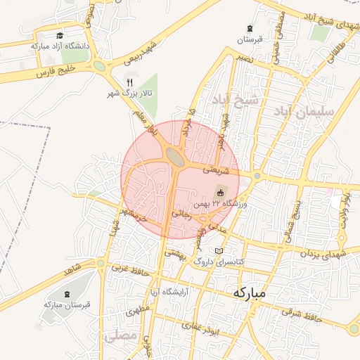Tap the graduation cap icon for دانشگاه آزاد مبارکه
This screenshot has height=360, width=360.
(x=60, y=35)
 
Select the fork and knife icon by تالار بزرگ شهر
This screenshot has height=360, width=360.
(x=129, y=82)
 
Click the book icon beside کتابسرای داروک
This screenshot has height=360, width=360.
(x=219, y=251)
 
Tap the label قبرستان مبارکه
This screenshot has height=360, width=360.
(x=63, y=304)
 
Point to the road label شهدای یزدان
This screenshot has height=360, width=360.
(x=324, y=253)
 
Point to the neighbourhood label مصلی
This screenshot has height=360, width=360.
(x=120, y=336)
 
